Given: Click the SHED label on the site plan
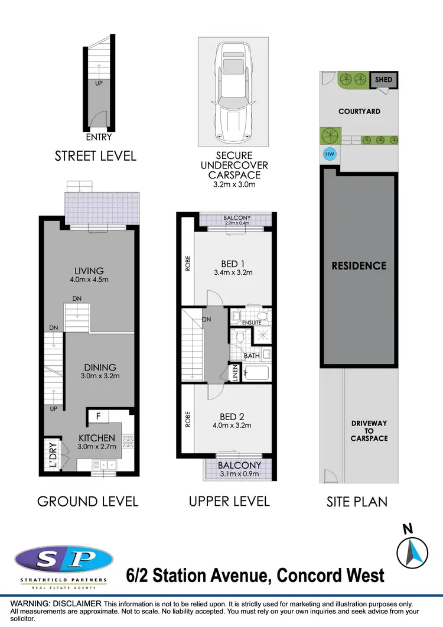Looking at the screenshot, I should (x=383, y=80).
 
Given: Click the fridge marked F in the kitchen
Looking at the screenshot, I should (x=99, y=416).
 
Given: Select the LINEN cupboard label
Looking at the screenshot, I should (x=234, y=374).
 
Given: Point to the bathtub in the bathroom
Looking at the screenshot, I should (x=255, y=373).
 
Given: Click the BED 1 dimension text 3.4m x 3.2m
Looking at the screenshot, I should (x=233, y=272).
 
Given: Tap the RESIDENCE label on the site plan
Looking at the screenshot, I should (x=359, y=266).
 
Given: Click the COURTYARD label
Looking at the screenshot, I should (x=359, y=111).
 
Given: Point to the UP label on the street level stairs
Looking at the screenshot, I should (x=99, y=84).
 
